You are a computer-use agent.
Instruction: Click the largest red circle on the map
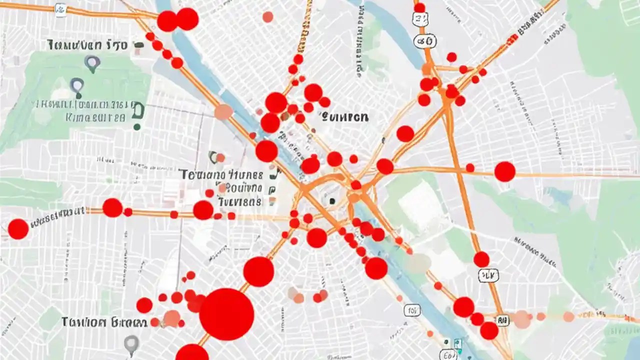226,314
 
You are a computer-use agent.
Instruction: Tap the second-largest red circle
258,271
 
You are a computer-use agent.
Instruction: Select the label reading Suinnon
345,117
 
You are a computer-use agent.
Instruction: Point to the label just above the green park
87,45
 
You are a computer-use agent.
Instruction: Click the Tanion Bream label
104,322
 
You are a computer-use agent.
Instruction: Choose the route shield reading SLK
488,274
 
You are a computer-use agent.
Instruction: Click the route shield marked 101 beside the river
411,311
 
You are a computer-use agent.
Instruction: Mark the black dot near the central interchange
331,201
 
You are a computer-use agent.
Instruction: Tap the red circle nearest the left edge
18,228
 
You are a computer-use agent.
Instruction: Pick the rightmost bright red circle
504,171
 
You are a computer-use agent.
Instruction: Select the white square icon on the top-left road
60,10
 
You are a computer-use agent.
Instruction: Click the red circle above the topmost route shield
419,7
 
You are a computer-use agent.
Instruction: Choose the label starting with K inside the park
95,118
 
